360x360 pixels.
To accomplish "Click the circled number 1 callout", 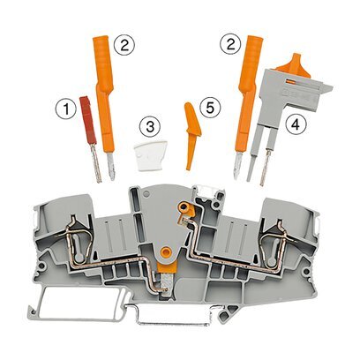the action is tap(66, 109).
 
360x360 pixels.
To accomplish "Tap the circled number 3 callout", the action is tap(150, 127).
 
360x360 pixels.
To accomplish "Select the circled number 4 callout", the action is tap(296, 124).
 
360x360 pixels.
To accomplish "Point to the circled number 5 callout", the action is tap(210, 108).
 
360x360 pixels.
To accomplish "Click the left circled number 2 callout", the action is tap(124, 46).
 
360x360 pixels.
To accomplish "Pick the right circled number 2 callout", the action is tap(231, 44).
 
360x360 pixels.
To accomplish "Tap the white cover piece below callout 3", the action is tap(150, 155).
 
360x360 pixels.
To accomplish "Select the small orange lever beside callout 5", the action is tap(191, 135).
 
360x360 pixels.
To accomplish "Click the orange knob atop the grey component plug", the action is tap(293, 64).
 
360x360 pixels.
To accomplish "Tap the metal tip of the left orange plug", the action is tap(111, 166).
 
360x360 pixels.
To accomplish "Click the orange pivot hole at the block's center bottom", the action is tap(166, 252).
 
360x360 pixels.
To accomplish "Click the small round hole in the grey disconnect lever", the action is tap(146, 193).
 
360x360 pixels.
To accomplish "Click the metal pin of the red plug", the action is tap(97, 162).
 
